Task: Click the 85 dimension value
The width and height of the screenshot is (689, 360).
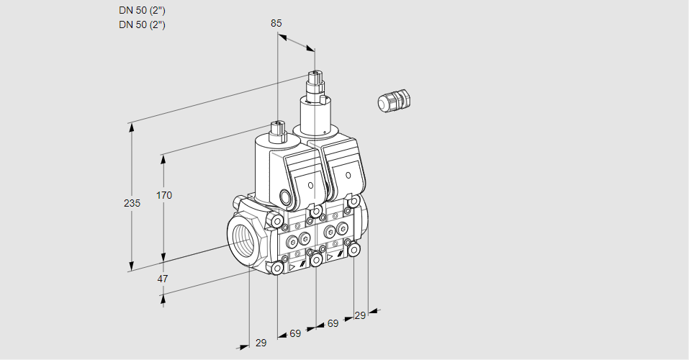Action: pos(276,23)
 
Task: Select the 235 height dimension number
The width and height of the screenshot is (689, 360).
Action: pos(131,204)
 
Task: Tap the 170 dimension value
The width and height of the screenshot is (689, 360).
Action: pos(164,195)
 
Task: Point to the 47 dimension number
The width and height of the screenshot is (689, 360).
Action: pos(163,279)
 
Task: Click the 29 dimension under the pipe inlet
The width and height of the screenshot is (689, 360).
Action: pos(261,343)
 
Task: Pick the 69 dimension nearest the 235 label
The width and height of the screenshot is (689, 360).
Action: pos(295,333)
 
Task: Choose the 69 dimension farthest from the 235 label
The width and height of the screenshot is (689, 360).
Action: pos(333,323)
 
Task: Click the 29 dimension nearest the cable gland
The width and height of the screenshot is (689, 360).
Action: pos(360,315)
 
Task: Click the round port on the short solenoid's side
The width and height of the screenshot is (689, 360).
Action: pos(285,196)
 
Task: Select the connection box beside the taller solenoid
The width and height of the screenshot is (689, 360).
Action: pos(345,171)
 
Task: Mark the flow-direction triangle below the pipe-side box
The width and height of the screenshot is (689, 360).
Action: pos(292,266)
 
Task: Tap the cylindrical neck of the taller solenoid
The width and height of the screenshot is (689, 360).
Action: pos(315,115)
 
